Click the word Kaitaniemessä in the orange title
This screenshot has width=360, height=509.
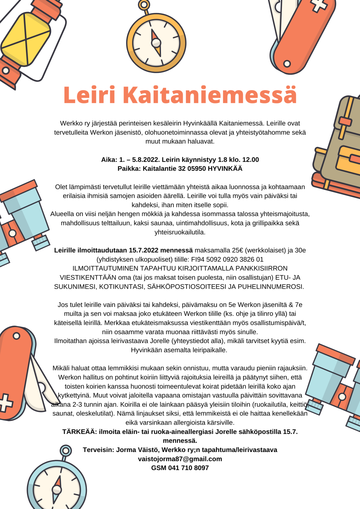210,95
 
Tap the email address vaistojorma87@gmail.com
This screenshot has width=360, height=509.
180,459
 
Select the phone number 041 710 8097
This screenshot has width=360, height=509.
188,468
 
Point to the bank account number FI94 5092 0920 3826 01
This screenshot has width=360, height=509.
227,259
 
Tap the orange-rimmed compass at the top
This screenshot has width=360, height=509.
156,43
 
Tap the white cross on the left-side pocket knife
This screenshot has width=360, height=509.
6,403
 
